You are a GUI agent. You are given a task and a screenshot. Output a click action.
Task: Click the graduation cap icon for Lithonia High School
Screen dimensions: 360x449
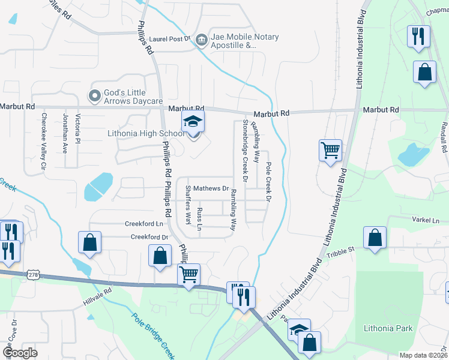coord(193,122)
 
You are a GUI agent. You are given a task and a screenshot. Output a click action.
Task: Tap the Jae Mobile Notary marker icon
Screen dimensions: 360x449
coord(201,40)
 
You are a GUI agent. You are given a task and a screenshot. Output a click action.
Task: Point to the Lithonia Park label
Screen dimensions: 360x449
coord(388,328)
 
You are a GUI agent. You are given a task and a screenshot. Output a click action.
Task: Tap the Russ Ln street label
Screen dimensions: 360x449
coord(200,218)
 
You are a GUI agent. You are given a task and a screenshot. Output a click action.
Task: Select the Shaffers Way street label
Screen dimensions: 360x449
coord(188,205)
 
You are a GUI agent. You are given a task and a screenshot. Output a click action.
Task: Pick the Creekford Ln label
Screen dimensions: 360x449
coord(144,224)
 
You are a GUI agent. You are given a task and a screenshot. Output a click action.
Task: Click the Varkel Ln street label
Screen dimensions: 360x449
coord(426,220)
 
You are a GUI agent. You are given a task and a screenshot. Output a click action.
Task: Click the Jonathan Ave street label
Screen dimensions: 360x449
coord(65,133)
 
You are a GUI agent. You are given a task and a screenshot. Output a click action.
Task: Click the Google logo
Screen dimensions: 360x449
coord(20,353)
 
